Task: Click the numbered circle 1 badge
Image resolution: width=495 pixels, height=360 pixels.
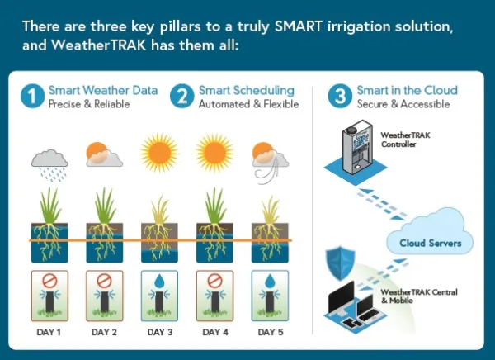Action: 32,96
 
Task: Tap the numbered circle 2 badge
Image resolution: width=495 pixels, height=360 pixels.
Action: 181,96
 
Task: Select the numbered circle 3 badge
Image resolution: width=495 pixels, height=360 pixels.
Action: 340,96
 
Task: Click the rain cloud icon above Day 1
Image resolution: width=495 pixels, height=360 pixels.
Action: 49,165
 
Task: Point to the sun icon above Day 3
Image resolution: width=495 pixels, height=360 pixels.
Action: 160,153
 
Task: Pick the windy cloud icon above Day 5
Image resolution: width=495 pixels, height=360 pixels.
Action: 270,163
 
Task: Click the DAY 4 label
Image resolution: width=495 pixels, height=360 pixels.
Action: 215,332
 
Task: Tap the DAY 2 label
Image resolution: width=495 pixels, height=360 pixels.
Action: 104,332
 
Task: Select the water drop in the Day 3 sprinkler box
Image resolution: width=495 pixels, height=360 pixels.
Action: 160,280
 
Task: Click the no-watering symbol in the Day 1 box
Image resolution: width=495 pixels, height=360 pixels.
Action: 49,281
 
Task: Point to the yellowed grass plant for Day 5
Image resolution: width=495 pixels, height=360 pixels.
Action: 271,211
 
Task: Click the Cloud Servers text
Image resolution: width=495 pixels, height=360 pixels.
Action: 431,243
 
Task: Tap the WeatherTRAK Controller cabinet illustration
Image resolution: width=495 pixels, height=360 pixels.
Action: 357,146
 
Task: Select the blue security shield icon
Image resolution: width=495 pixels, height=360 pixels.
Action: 340,263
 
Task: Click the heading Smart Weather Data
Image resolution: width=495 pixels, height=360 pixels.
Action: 103,90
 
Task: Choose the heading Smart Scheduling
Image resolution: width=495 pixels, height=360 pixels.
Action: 247,91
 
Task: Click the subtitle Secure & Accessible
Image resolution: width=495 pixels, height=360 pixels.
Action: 403,104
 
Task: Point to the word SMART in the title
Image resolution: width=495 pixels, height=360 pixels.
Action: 299,26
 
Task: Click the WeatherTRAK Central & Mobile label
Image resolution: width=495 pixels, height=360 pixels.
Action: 419,296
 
